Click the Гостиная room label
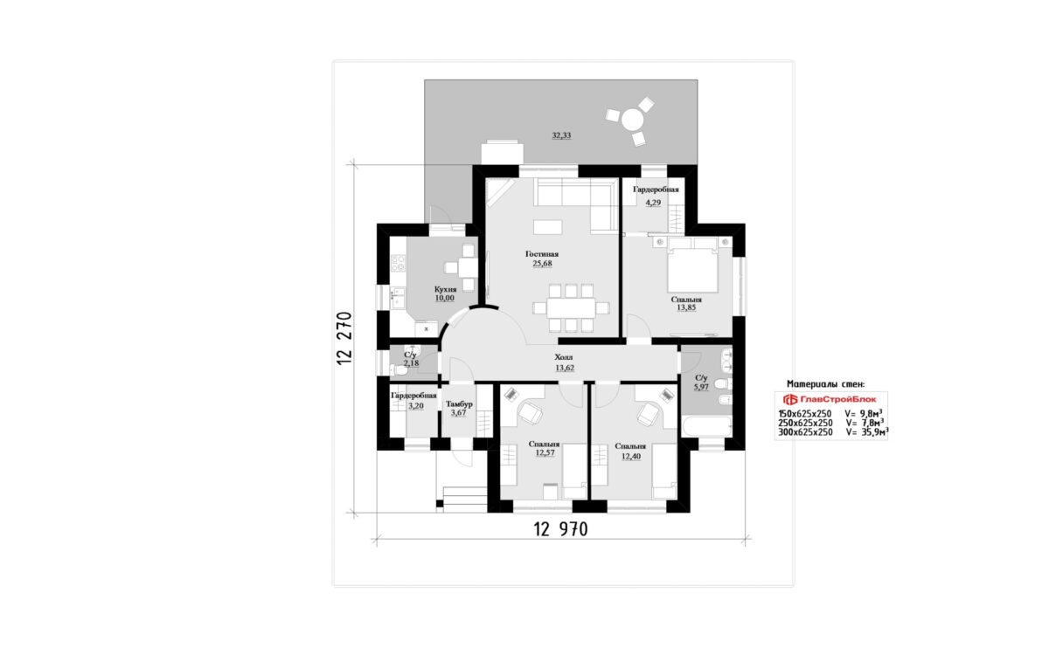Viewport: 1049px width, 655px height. [x=542, y=254]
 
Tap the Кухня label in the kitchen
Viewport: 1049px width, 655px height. [x=445, y=289]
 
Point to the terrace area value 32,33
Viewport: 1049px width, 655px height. [x=561, y=135]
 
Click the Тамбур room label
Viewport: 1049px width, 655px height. [x=459, y=403]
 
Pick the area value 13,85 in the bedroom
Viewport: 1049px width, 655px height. [x=686, y=307]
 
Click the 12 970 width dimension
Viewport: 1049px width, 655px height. [x=560, y=529]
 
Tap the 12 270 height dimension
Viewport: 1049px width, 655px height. [x=344, y=338]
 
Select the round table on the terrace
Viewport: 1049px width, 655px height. [x=633, y=120]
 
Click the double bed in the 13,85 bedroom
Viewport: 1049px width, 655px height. [x=692, y=265]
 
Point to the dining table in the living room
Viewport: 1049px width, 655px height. [x=571, y=308]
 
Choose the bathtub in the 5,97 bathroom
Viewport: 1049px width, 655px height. [x=706, y=426]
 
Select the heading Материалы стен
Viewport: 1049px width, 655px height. [x=825, y=384]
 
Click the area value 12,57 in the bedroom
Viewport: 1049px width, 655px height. [x=545, y=453]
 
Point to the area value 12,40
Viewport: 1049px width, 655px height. [x=631, y=457]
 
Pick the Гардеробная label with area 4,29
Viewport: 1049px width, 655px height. [x=656, y=190]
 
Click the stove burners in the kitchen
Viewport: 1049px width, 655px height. [x=398, y=263]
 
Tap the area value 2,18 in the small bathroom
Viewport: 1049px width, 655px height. [x=411, y=363]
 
